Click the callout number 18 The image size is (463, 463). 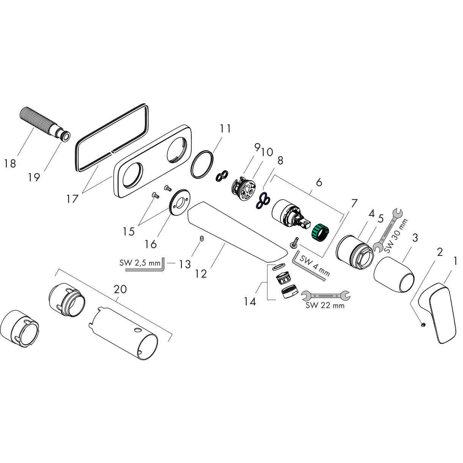point(10,164)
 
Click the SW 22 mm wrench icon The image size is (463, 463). point(325,294)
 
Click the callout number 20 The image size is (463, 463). point(120,289)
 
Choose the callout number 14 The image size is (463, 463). point(250,301)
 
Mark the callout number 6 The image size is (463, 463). point(319,182)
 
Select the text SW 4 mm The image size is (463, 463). point(314,265)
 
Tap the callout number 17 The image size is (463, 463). point(72,198)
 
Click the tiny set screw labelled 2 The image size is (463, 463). point(422,324)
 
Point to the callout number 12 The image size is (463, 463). point(202,274)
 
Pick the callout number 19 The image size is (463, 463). point(34,177)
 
